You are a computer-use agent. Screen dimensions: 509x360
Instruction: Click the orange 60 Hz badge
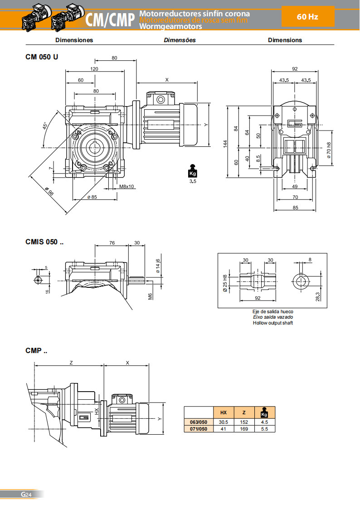tap(307, 17)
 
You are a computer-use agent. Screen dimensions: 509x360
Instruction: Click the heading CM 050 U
tap(42, 57)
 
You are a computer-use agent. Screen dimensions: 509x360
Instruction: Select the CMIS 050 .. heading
tap(44, 242)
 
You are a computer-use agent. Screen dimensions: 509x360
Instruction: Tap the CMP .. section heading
tap(36, 350)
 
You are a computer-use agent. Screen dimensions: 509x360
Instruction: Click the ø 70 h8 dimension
tap(329, 150)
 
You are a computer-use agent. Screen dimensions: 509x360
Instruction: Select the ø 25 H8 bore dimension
tap(225, 283)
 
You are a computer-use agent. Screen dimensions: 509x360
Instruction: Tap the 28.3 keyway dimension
tap(319, 296)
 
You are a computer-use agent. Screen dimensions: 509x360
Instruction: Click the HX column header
tap(224, 412)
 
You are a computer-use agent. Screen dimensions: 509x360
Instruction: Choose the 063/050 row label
tap(199, 422)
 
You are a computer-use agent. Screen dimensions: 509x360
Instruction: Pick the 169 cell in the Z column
tap(244, 429)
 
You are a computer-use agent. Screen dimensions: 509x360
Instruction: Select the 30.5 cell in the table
tap(224, 422)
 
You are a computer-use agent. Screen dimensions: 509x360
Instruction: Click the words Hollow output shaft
tap(273, 323)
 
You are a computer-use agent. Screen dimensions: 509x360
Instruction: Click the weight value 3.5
tap(192, 181)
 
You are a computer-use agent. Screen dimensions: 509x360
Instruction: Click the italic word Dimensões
tap(180, 40)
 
